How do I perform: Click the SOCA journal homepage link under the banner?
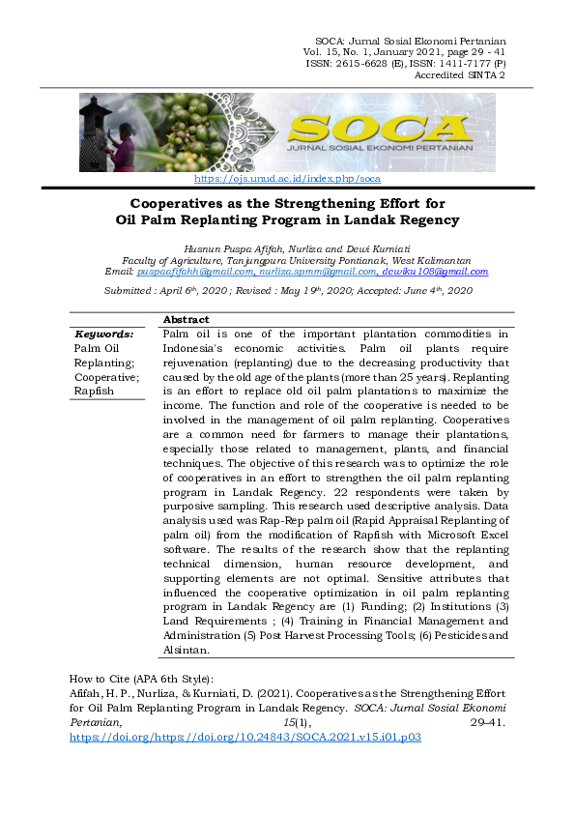click(x=287, y=179)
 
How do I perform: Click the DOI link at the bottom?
click(x=246, y=736)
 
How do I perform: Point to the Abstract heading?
click(x=186, y=319)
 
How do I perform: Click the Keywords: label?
click(x=103, y=334)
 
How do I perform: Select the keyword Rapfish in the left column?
click(x=95, y=392)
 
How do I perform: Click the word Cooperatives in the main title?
click(x=187, y=204)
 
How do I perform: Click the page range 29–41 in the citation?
click(x=487, y=721)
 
